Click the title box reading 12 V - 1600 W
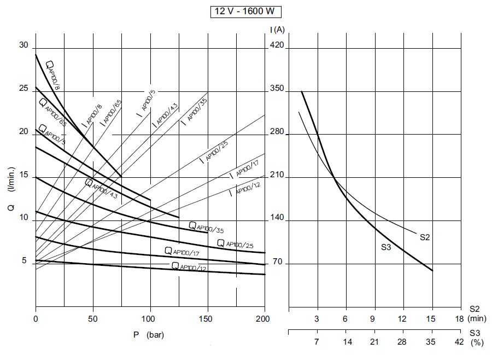[x=246, y=11]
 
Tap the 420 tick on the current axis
[x=277, y=47]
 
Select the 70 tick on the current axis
[x=277, y=262]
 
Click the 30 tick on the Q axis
[x=24, y=45]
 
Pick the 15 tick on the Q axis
[x=24, y=175]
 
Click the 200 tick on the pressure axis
[x=264, y=318]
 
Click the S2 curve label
[x=426, y=237]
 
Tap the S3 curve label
[x=386, y=247]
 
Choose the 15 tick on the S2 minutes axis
[x=431, y=318]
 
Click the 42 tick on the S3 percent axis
[x=460, y=342]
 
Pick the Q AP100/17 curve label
[x=183, y=251]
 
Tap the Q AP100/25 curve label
[x=236, y=243]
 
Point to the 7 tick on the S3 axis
[x=317, y=342]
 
